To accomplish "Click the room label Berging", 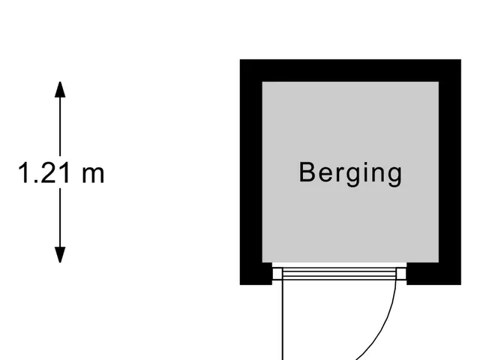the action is [x=350, y=173].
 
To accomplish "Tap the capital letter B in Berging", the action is [x=307, y=172].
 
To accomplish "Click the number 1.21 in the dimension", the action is [x=44, y=173].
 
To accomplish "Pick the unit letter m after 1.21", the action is [x=93, y=175].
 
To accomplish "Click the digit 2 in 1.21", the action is [x=47, y=173].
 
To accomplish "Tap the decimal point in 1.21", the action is [x=35, y=181].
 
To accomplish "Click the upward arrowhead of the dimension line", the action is [x=60, y=89].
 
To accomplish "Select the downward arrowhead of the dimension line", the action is [x=60, y=255].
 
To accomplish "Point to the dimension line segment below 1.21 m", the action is [x=60, y=217].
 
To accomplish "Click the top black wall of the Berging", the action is [x=350, y=70].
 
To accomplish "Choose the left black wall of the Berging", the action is [x=251, y=172].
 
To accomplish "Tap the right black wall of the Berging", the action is [x=450, y=172].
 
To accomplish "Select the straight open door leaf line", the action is [x=283, y=320].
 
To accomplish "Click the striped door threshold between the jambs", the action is [x=339, y=274].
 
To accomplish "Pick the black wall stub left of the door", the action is [x=256, y=274].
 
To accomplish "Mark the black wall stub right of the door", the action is [x=433, y=274].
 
